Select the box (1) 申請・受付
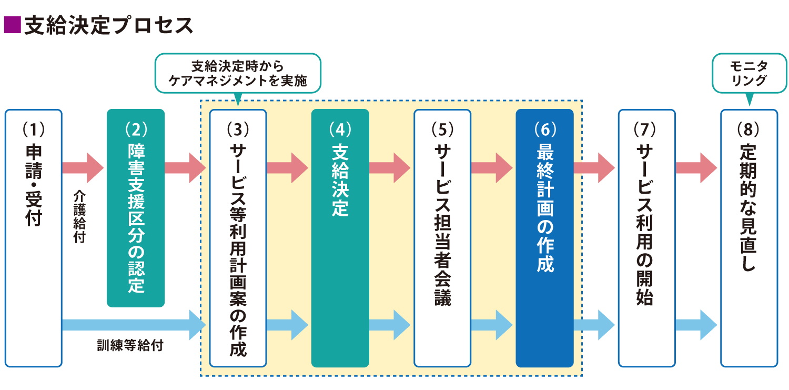tap(34, 238)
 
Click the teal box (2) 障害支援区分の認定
tap(136, 208)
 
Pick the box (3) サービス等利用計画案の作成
tap(238, 238)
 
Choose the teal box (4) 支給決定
tap(340, 238)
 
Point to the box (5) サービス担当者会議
tap(442, 238)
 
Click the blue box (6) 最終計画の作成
tap(544, 238)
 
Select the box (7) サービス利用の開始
tap(646, 238)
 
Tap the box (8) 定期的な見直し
tap(748, 238)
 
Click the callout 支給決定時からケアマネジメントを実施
tap(238, 73)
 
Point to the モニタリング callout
tap(749, 73)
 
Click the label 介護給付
tap(79, 216)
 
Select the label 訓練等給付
tap(130, 346)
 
